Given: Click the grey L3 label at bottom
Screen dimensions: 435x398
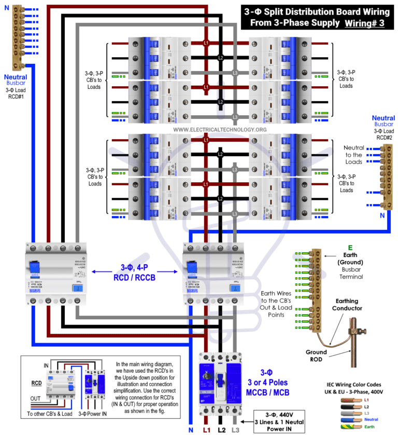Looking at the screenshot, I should pyautogui.click(x=236, y=429).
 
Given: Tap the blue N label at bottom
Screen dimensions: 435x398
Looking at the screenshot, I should pyautogui.click(x=191, y=429).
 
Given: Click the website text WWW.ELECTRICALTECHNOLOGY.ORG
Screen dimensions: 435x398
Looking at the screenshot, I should pyautogui.click(x=220, y=129).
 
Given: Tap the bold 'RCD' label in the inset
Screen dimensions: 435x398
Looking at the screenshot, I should pyautogui.click(x=37, y=384).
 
